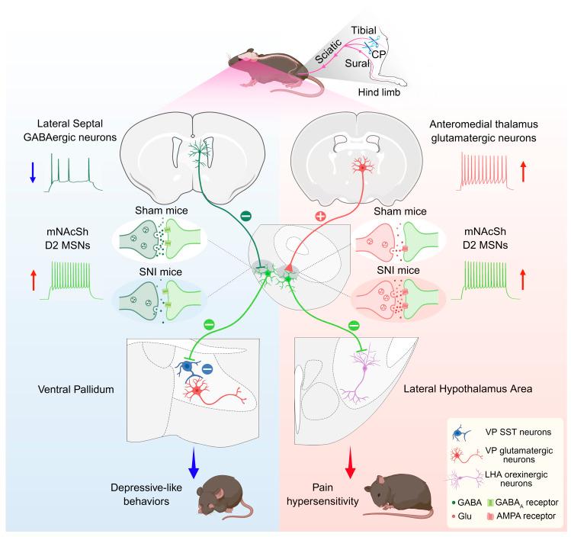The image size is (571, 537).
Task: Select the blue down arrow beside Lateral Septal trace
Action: [x=33, y=168]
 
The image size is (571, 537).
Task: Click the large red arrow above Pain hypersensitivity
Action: [x=351, y=464]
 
